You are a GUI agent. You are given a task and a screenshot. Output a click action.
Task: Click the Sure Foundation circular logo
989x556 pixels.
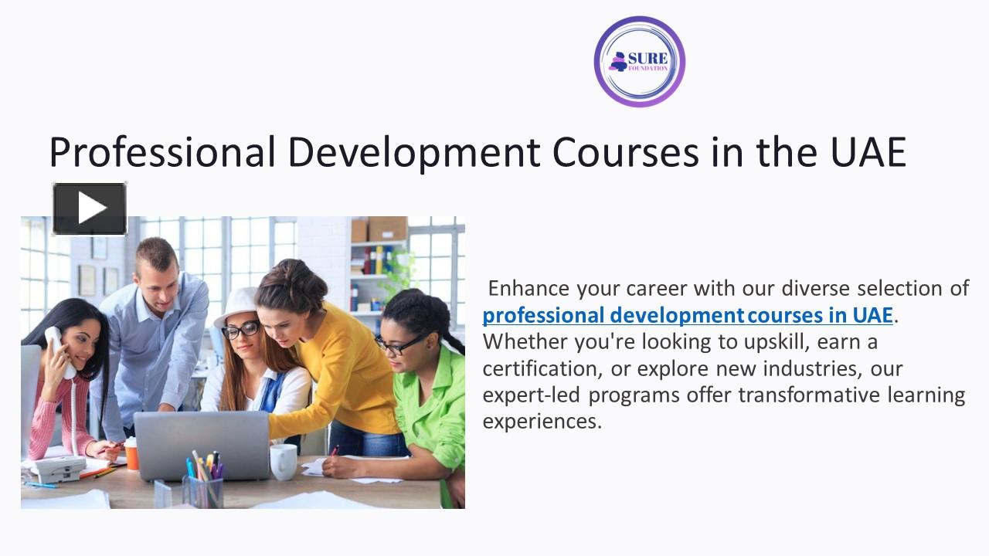639,61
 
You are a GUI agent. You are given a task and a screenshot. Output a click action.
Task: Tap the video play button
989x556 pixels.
90,208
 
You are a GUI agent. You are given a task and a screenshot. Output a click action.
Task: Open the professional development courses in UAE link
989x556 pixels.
687,315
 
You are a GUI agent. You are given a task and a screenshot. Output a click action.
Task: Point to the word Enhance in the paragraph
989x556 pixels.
529,289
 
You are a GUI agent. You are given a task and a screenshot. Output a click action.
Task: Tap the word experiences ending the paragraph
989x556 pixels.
542,422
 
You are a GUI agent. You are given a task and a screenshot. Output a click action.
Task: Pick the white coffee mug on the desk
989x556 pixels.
283,461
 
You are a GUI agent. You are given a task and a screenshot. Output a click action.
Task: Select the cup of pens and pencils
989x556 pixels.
204,483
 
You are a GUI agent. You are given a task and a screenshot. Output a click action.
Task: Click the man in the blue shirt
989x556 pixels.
158,324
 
